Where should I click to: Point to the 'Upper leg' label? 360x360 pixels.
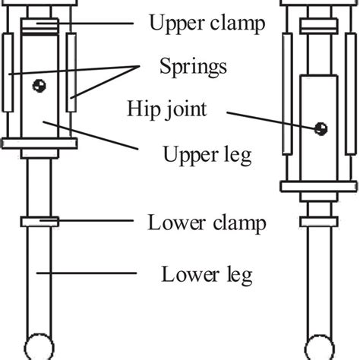coord(201,156)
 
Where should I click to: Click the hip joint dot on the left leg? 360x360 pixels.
coord(36,87)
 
